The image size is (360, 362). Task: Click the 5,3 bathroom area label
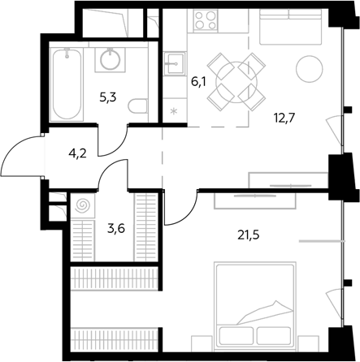[x=108, y=97]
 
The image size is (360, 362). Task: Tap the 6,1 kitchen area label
[x=198, y=81]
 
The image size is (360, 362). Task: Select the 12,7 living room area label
[x=284, y=119]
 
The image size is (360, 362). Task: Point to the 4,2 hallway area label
[x=77, y=154]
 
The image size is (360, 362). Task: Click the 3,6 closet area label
[x=116, y=229]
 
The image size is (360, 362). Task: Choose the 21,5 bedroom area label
[x=249, y=235]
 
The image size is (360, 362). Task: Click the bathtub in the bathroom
[x=67, y=84]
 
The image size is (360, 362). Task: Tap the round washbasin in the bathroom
[x=111, y=58]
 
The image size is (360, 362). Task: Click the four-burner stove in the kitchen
[x=206, y=20]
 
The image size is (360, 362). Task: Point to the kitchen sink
[x=175, y=63]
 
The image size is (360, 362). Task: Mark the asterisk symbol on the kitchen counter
[x=174, y=110]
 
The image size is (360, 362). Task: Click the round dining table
[x=236, y=81]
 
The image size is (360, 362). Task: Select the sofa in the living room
[x=290, y=27]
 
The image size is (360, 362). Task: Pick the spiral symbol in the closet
[x=82, y=206]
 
